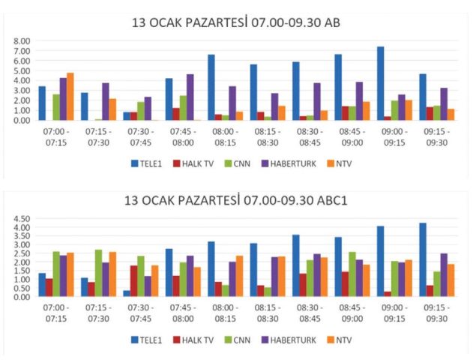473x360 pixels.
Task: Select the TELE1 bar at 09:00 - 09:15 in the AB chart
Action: coord(381,83)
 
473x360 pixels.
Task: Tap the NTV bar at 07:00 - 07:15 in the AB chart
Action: coord(70,97)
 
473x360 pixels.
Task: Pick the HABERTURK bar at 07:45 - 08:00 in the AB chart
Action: coord(190,97)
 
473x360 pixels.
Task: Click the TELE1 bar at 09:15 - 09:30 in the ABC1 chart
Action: coord(423,259)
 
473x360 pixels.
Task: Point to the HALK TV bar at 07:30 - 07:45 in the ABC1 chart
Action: coord(133,280)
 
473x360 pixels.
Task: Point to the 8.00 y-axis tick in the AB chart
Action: coord(21,41)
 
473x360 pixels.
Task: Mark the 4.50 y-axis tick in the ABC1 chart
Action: coord(21,218)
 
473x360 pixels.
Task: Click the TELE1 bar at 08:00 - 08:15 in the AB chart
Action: coord(211,88)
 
